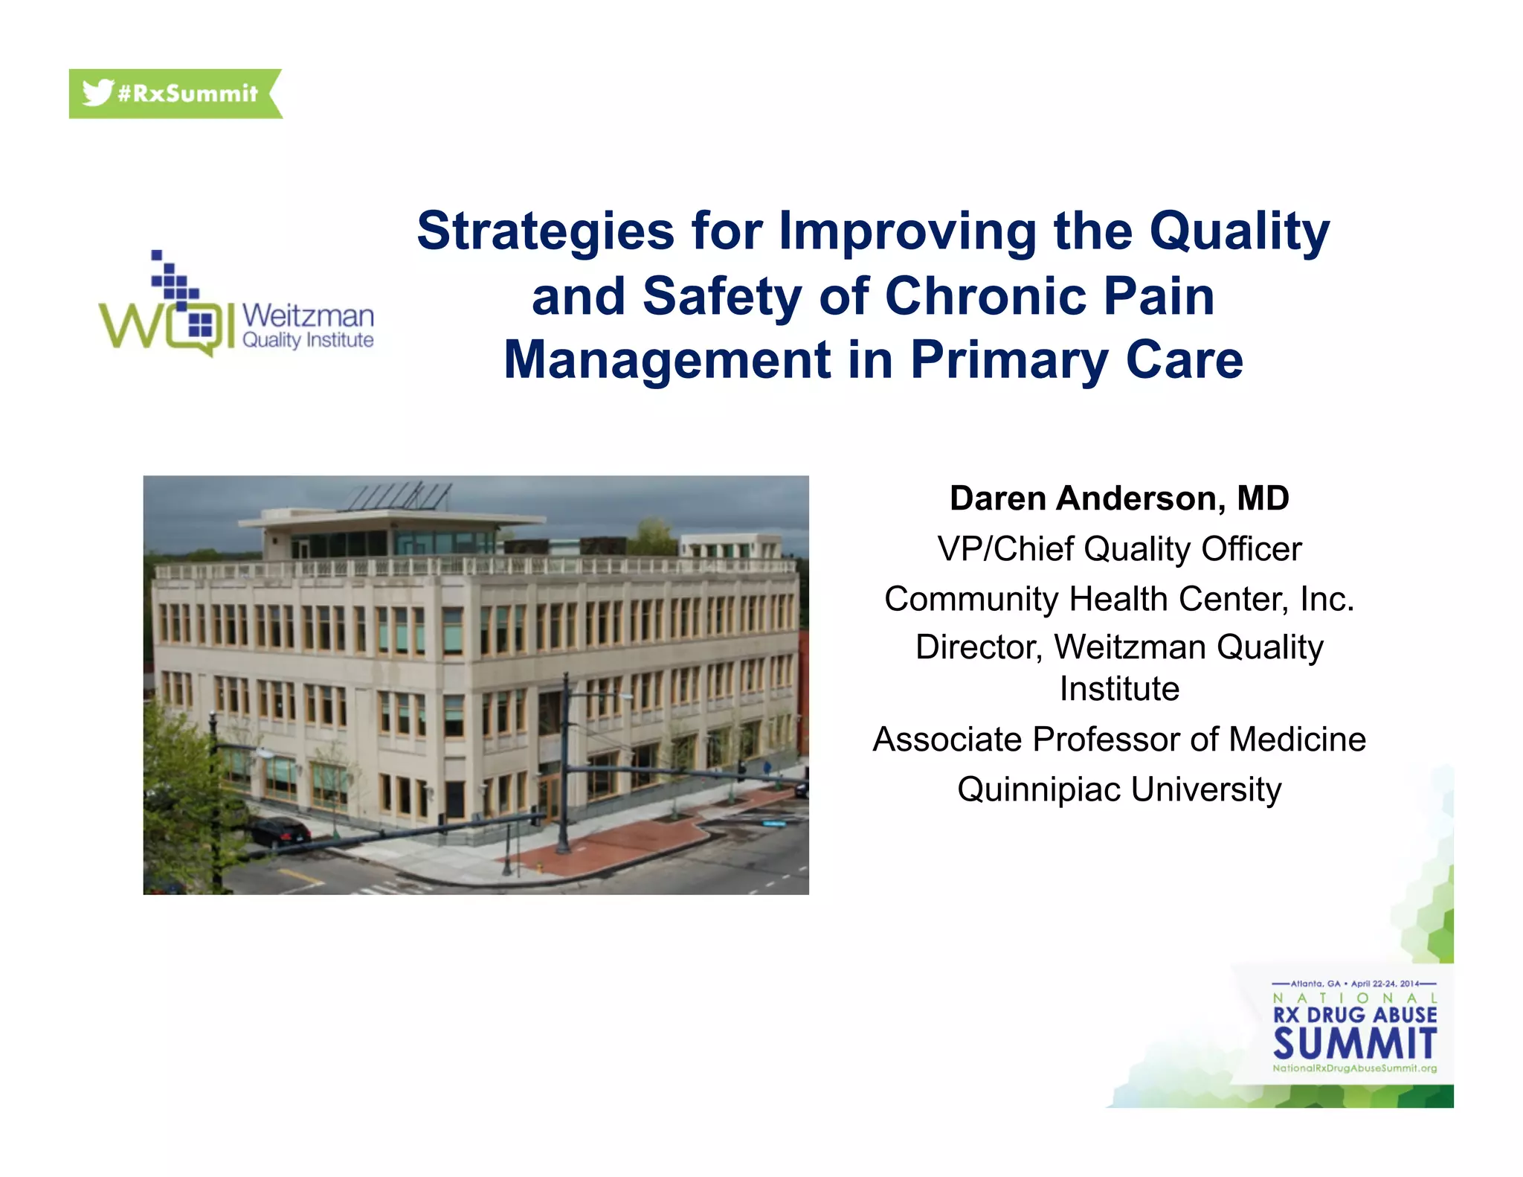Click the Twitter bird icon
pos(97,92)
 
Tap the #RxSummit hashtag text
pos(187,94)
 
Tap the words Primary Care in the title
pos(1076,360)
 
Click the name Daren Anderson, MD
pos(1119,498)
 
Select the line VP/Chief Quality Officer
pos(1119,549)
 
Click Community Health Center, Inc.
pos(1119,599)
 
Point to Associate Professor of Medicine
pos(1119,740)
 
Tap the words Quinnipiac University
pos(1119,789)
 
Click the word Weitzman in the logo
pos(308,315)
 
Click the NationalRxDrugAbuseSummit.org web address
pos(1354,1068)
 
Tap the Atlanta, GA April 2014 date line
pos(1354,984)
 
